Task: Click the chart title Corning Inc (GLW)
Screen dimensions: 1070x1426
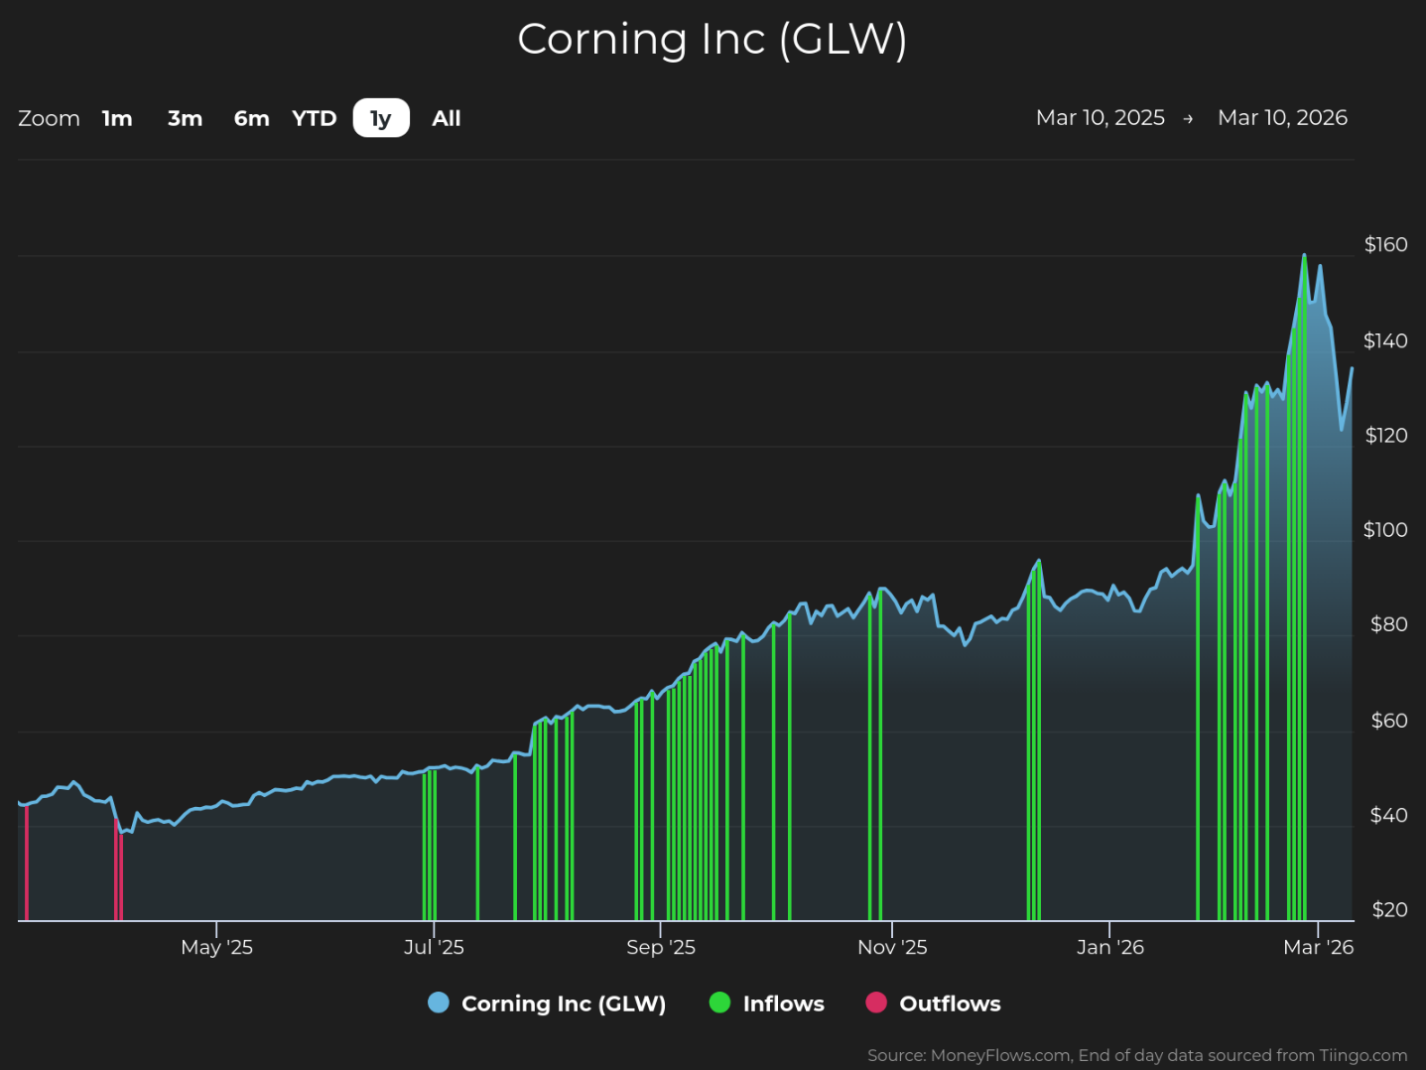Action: coord(712,40)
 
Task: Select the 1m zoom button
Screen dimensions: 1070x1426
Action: coord(117,118)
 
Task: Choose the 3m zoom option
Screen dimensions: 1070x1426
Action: coord(185,118)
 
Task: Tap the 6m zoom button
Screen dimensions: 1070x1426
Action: coord(251,118)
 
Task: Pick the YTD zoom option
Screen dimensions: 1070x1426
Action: coord(315,118)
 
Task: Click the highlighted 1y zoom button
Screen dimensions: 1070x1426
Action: coord(381,118)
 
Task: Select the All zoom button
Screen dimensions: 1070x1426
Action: coord(447,118)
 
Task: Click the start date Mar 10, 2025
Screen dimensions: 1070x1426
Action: coord(1100,118)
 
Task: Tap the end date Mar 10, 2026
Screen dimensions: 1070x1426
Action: coord(1282,118)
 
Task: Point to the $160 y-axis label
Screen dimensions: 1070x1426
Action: coord(1385,244)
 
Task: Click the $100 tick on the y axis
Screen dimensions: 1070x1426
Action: coord(1385,530)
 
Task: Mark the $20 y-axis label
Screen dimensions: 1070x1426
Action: coord(1389,910)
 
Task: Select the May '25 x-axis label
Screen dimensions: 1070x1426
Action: coord(216,947)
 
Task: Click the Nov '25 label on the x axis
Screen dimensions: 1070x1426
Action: coord(892,947)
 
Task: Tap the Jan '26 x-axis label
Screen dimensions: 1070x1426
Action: coord(1109,947)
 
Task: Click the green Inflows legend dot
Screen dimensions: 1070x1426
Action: coord(719,1003)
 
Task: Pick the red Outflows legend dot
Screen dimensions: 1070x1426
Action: coord(875,1003)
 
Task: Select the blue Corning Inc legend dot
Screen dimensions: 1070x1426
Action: coord(438,1003)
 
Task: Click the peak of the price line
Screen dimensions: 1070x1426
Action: coord(1304,255)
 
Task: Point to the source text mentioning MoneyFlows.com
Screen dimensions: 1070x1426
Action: coord(1136,1055)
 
